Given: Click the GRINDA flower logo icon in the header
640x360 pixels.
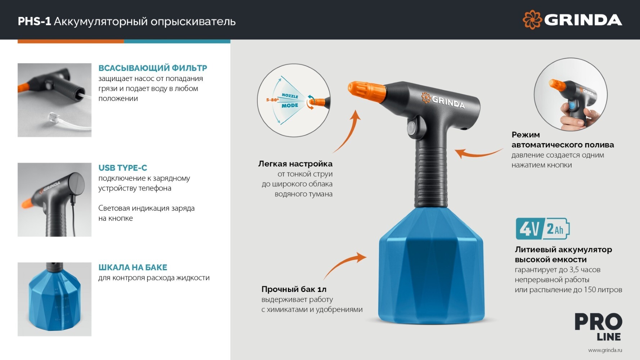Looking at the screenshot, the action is tap(532, 20).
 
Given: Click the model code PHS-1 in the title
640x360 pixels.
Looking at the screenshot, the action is tap(35, 21).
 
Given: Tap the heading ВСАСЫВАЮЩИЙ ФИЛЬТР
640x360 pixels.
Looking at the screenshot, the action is tap(153, 68).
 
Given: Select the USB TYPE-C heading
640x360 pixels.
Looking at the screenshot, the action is tap(123, 168).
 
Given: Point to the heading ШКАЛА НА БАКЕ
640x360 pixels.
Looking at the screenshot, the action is tap(133, 267).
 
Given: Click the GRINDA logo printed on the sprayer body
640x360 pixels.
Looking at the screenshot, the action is tap(443, 100).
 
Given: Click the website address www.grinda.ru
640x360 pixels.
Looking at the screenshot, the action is tap(605, 350).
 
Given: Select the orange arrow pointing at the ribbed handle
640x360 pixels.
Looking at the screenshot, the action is tap(479, 153).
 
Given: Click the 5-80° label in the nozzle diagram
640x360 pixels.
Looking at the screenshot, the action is tap(272, 100).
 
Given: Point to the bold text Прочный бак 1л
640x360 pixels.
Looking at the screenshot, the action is tap(294, 289).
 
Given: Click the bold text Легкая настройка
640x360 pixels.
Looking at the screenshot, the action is tap(295, 164).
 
